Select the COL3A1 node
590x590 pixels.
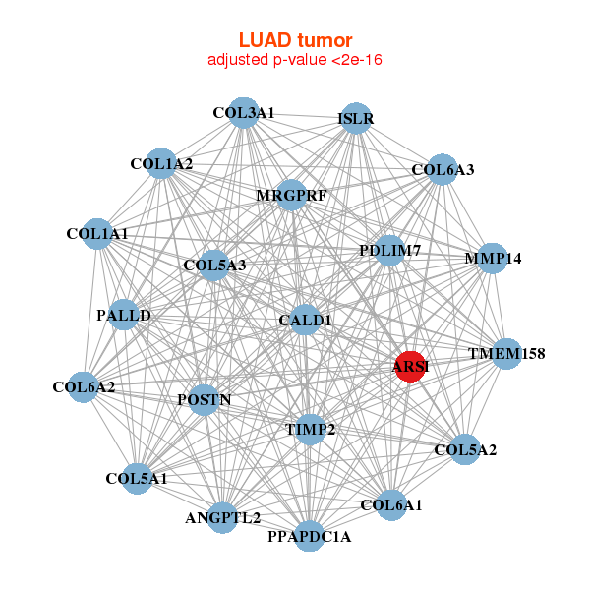click(242, 113)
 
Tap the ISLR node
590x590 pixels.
click(355, 119)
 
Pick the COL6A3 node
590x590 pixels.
click(442, 170)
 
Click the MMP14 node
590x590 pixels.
click(493, 259)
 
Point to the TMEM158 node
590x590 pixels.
click(505, 353)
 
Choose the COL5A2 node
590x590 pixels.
click(465, 450)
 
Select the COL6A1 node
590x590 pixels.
click(391, 505)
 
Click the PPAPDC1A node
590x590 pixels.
click(309, 536)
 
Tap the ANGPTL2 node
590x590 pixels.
click(223, 517)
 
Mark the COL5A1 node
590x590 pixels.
click(137, 478)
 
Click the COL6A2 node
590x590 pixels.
click(85, 386)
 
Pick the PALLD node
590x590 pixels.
click(124, 315)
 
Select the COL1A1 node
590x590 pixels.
click(97, 234)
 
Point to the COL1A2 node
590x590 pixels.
click(161, 164)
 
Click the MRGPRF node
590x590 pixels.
click(291, 195)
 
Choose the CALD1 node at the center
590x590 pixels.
click(305, 320)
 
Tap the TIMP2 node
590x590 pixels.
click(311, 430)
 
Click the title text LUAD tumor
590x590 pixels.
click(295, 40)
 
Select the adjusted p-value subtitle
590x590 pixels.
click(295, 60)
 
